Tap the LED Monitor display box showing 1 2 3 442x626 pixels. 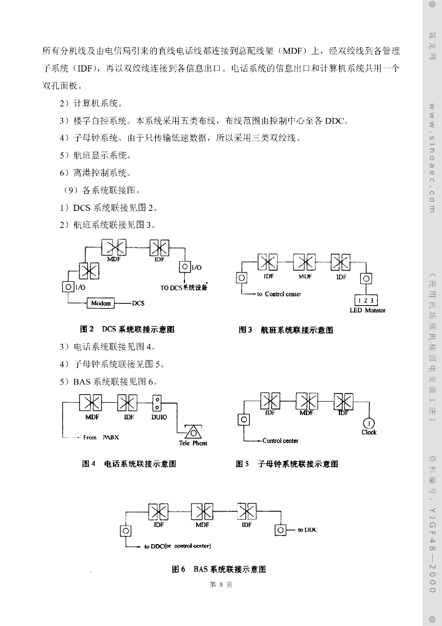pos(366,300)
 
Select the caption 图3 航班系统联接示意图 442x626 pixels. pos(286,330)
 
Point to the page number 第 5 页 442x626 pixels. pos(220,585)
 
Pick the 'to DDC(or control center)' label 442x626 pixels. pos(176,546)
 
